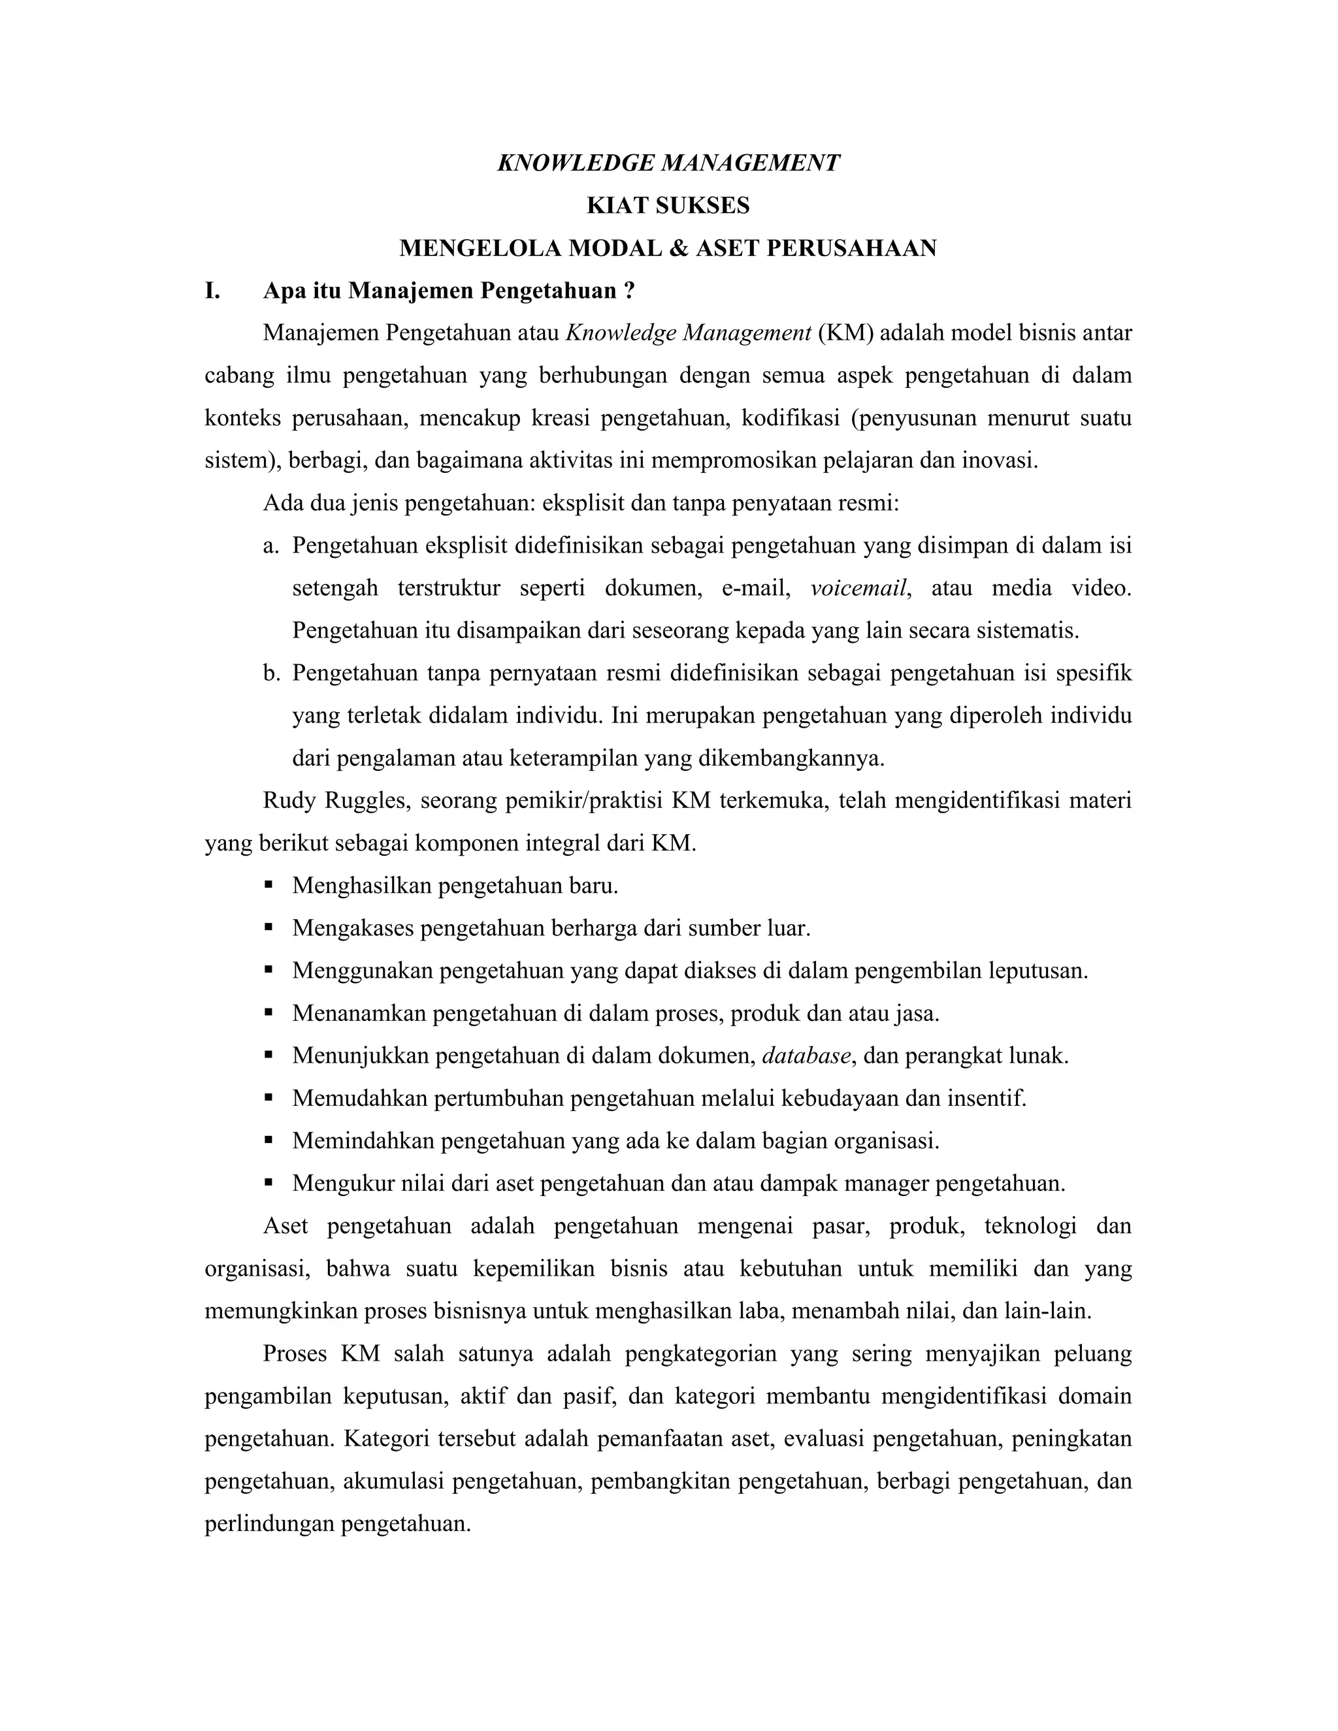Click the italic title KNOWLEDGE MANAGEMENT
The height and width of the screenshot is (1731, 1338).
[668, 163]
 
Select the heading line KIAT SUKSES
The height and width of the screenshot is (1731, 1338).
[668, 206]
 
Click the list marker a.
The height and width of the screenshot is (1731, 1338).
[271, 546]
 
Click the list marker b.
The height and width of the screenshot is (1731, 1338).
[271, 673]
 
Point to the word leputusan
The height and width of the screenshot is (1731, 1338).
[1037, 971]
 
